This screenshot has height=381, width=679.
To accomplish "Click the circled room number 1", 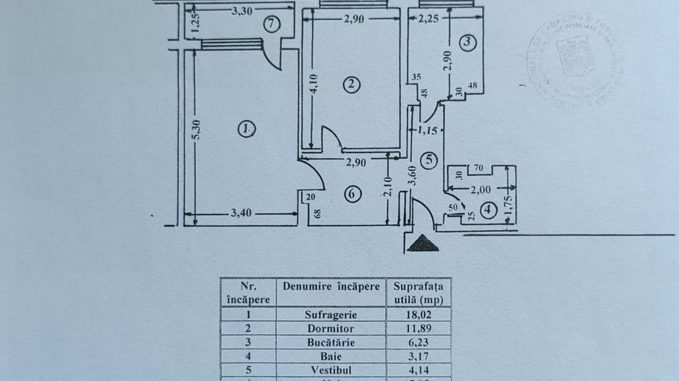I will [x=248, y=129].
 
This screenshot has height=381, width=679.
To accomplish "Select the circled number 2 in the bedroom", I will [x=351, y=85].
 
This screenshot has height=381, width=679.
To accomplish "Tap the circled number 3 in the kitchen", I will [x=468, y=42].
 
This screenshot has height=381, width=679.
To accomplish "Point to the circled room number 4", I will [x=490, y=211].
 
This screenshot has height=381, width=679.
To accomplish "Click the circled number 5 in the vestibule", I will [x=429, y=160].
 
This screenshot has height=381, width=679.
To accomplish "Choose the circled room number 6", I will [x=352, y=194].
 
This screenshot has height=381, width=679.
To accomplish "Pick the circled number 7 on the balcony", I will [x=271, y=24].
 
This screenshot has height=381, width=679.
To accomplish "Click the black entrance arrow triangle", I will [x=423, y=244].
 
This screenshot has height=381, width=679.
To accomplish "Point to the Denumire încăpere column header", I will [x=331, y=286].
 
